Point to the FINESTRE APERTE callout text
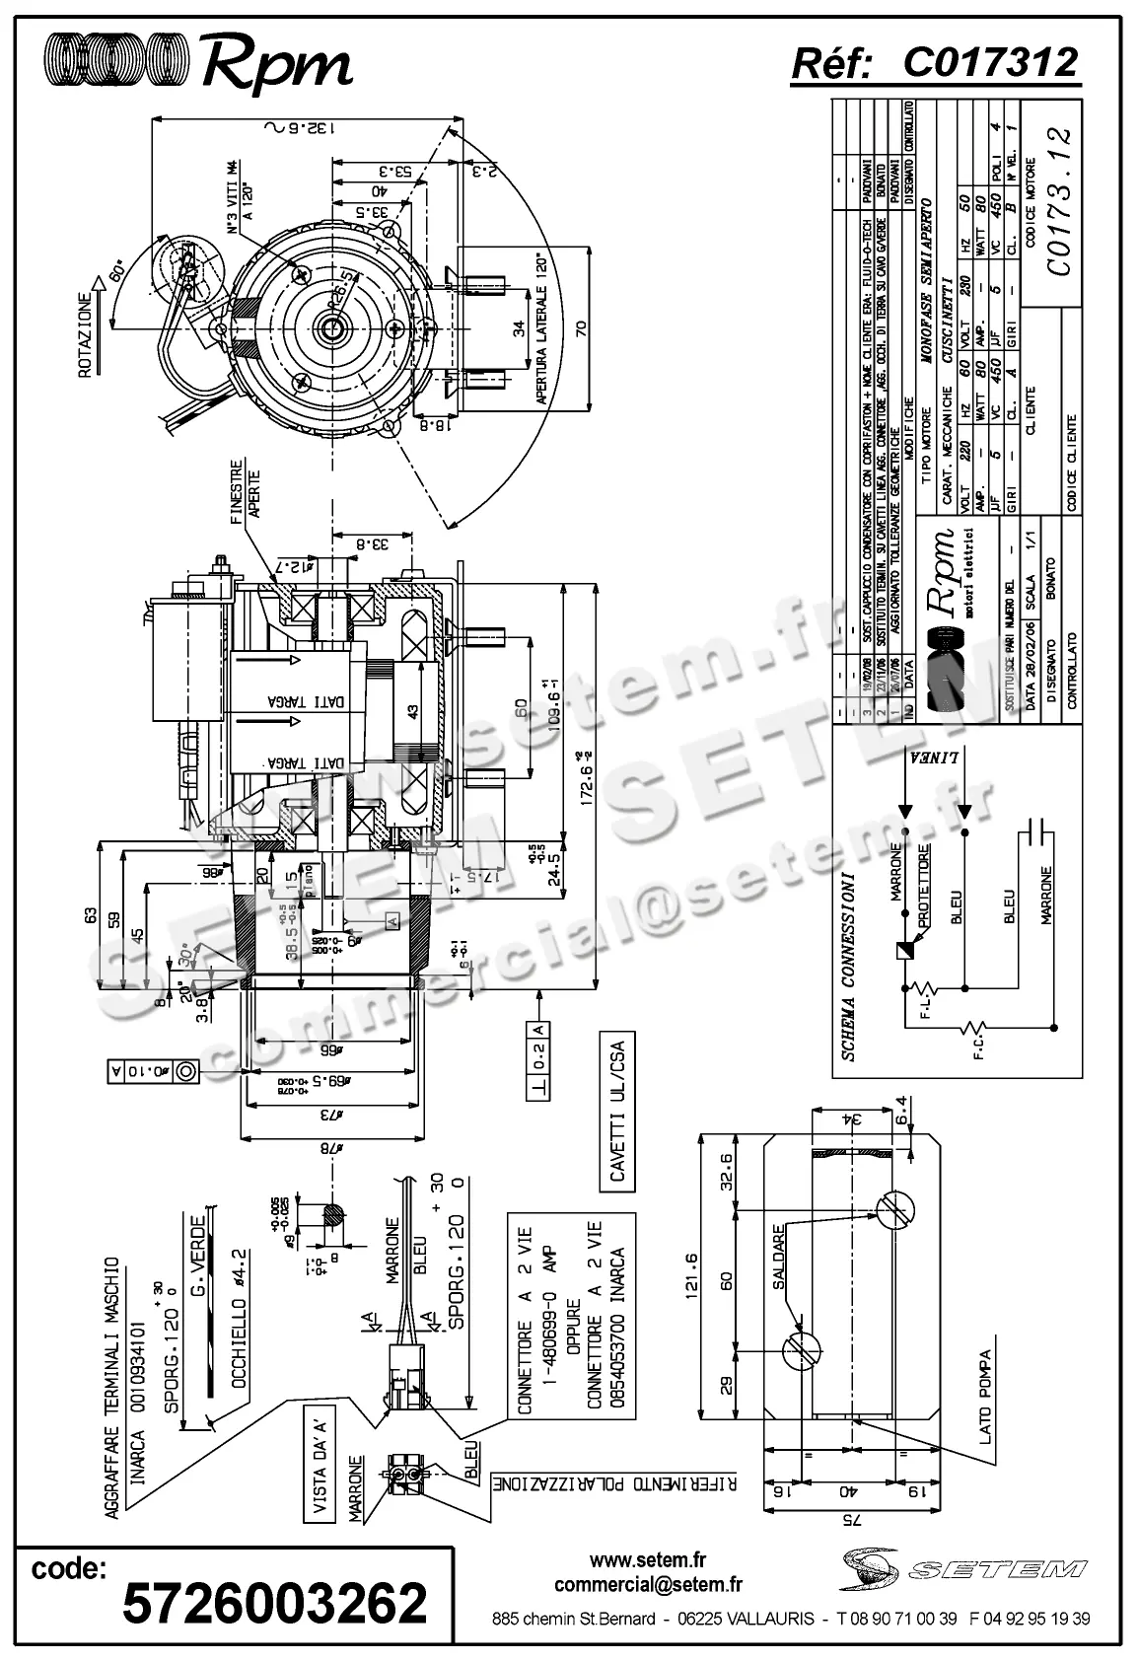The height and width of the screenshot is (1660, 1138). [x=245, y=490]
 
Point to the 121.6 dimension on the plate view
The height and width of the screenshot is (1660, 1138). [x=689, y=1272]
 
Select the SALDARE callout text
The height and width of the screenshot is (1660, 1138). [x=778, y=1257]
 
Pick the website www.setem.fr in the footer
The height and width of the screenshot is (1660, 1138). [x=648, y=1559]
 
